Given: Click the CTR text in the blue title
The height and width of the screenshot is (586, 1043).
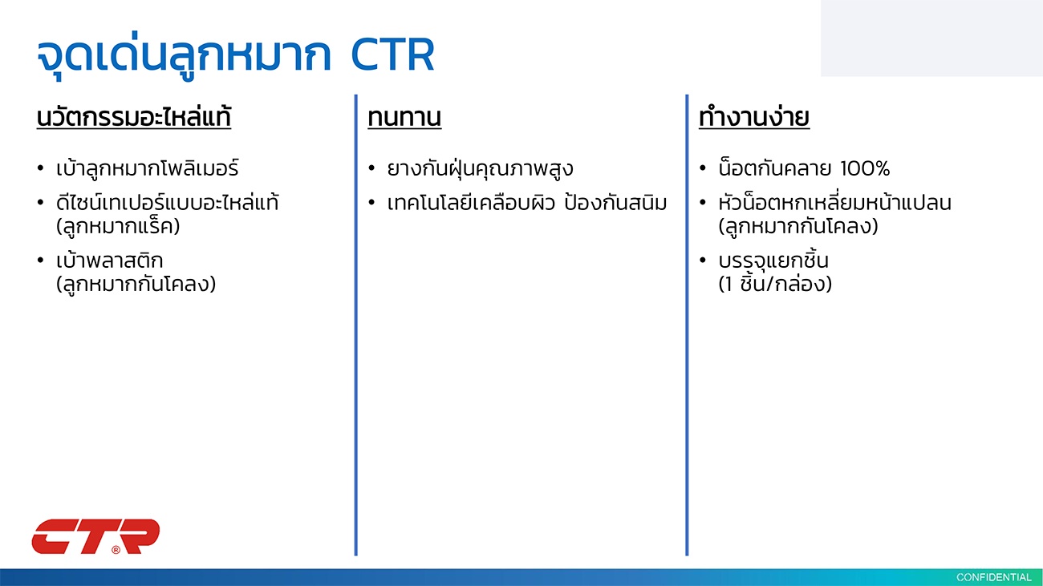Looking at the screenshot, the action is pos(392,55).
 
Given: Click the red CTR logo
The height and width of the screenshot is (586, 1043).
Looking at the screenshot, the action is pos(96,537).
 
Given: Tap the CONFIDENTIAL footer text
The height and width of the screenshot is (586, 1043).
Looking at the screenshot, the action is pos(993,577).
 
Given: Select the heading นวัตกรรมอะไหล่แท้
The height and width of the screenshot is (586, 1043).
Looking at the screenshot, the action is pos(134,116).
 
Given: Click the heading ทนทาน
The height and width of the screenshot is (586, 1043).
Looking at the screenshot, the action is pos(404,117).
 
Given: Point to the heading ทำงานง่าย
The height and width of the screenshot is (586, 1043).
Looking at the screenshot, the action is pos(754,116).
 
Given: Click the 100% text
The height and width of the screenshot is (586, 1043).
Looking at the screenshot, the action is pos(865,168).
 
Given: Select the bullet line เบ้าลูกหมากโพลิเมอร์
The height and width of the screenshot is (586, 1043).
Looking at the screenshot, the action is pos(147,168).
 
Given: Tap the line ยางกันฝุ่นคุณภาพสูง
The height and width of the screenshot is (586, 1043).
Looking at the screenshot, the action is pos(480,168).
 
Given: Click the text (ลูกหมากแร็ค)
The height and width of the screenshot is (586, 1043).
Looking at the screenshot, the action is pos(118,227).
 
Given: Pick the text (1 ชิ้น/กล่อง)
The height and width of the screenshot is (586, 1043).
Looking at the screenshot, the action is pos(775,284).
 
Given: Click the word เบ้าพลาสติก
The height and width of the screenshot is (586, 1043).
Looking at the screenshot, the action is pos(109,261).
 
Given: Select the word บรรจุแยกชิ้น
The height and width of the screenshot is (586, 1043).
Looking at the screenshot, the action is pos(773,261).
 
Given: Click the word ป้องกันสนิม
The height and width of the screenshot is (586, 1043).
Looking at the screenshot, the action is pos(615,203).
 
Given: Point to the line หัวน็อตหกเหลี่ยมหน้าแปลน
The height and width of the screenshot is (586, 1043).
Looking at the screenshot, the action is pos(835,203).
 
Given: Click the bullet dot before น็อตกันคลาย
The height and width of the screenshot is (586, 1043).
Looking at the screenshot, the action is pos(703,168).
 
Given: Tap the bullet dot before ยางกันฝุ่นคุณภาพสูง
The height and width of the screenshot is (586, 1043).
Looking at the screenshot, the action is pos(371,168).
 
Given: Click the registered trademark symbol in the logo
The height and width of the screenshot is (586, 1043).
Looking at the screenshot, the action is pos(116,550).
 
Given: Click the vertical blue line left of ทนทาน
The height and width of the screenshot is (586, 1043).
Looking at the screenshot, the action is pos(355,325).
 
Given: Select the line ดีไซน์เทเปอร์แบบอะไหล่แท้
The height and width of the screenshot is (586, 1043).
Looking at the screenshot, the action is pos(167,203).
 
